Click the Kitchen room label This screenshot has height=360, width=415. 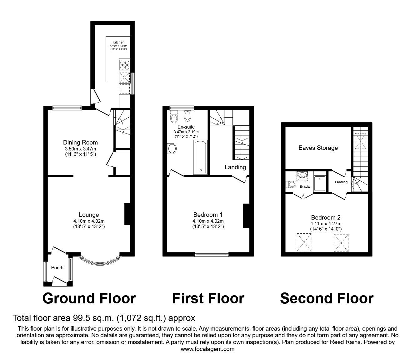[x=118, y=42]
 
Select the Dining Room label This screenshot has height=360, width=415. [x=81, y=143]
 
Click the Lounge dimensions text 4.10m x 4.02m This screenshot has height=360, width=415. [x=89, y=221]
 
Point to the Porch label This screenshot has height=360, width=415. [x=57, y=267]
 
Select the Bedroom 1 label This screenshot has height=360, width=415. [x=208, y=215]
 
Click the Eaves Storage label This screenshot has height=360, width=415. [x=318, y=148]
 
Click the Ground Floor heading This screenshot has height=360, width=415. [x=89, y=298]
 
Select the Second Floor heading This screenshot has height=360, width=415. [x=327, y=298]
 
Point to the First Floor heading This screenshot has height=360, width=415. [x=208, y=298]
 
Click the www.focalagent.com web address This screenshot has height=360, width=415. [x=207, y=349]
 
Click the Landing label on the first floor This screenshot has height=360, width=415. [x=235, y=167]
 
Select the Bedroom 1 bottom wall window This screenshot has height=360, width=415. [x=212, y=254]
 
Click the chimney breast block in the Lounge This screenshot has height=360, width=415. [x=127, y=214]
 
